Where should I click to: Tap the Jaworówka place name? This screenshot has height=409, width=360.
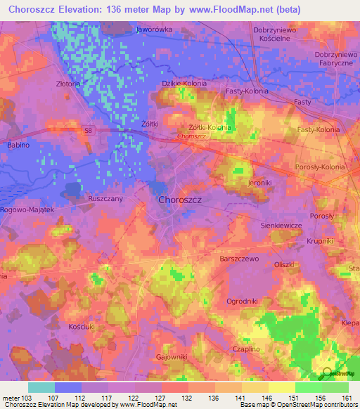154,30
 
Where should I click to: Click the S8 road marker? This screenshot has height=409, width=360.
85,129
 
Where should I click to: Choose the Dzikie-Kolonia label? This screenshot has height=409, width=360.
184,83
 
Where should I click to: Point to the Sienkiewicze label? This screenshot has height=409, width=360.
281,225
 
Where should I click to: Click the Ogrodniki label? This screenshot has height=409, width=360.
243,301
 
